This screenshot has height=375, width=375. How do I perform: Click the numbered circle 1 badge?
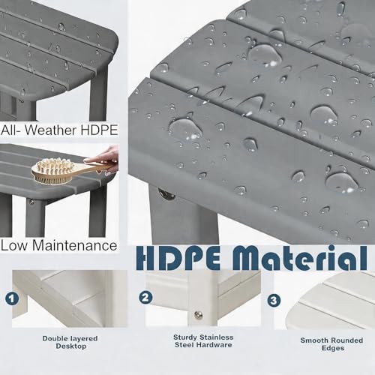[x=12, y=298]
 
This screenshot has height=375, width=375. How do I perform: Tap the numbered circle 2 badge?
[x=145, y=298]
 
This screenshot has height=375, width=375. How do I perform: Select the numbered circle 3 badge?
[x=274, y=300]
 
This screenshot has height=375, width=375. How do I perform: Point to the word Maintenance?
[x=75, y=245]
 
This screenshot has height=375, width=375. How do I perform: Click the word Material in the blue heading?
[x=299, y=258]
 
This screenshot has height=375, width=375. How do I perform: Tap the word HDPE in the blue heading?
[x=178, y=258]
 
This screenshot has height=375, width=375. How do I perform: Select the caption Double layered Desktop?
[x=70, y=342]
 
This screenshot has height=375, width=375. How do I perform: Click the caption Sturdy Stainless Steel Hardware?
[x=203, y=341]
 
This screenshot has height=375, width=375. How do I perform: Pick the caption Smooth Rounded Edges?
[x=331, y=344]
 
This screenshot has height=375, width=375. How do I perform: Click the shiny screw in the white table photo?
[x=199, y=315]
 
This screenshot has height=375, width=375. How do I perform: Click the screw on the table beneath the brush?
[x=31, y=202]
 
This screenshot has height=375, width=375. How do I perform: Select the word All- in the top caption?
[x=11, y=130]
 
